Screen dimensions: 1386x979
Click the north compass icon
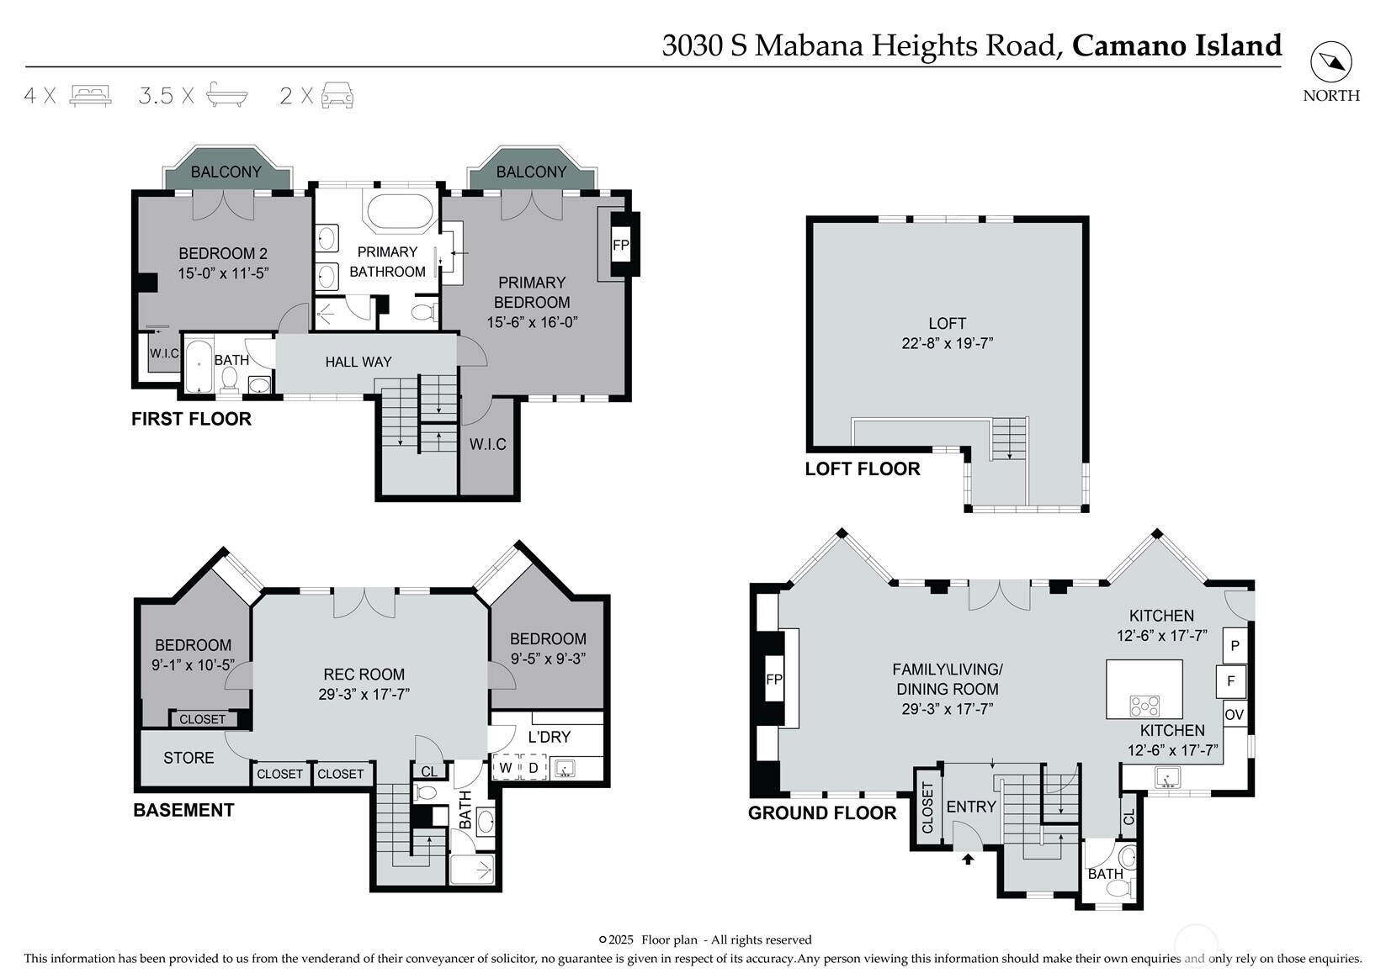click(x=1331, y=62)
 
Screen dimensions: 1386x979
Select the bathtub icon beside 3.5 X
click(x=227, y=95)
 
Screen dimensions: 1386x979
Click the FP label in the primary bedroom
click(x=620, y=245)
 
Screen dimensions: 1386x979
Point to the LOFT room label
click(x=948, y=324)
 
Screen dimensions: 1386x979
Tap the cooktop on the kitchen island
click(x=1144, y=706)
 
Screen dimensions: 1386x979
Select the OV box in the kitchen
click(x=1235, y=715)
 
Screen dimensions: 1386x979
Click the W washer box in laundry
click(x=506, y=768)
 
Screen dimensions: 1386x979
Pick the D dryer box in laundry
click(x=534, y=768)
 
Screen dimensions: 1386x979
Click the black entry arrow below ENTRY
click(x=969, y=859)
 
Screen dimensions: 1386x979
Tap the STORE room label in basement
click(x=189, y=758)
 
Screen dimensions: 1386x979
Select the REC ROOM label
click(x=364, y=674)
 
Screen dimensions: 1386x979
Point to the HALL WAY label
click(x=358, y=362)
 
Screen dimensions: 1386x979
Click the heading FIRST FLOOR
click(x=191, y=419)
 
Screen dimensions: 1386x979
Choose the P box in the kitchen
click(x=1235, y=646)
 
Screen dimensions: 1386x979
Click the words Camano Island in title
click(x=1176, y=45)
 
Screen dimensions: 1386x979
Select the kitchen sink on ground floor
click(x=1167, y=777)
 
